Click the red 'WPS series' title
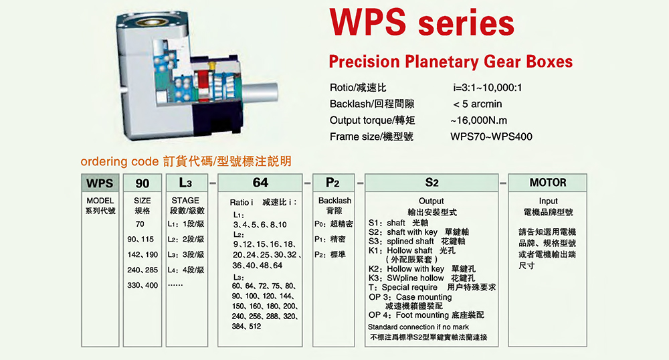pyautogui.click(x=422, y=22)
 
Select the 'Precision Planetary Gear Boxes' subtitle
pyautogui.click(x=450, y=62)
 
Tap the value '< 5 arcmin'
pyautogui.click(x=478, y=104)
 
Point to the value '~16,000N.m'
pyautogui.click(x=478, y=120)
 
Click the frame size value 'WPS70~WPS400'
pyautogui.click(x=491, y=137)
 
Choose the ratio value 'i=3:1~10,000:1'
pyautogui.click(x=487, y=88)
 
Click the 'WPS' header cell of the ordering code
pyautogui.click(x=100, y=183)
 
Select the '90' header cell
pyautogui.click(x=142, y=183)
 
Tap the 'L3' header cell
pyautogui.click(x=187, y=183)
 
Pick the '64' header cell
pyautogui.click(x=260, y=183)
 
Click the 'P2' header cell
pyautogui.click(x=333, y=183)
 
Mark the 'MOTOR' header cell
pyautogui.click(x=548, y=183)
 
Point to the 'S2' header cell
pyautogui.click(x=432, y=183)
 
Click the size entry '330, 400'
pyautogui.click(x=142, y=285)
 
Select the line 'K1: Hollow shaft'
pyautogui.click(x=411, y=250)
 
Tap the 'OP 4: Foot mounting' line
pyautogui.click(x=426, y=315)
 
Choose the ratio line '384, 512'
pyautogui.click(x=247, y=327)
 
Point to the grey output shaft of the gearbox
pyautogui.click(x=260, y=92)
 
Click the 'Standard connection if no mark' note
pyautogui.click(x=418, y=327)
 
